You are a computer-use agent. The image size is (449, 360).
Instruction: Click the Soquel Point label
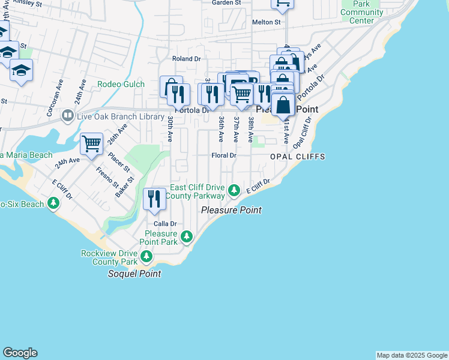(x=134, y=274)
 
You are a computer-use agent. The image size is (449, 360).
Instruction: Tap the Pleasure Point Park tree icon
(x=187, y=237)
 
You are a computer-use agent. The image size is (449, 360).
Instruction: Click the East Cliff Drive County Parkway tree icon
(x=234, y=191)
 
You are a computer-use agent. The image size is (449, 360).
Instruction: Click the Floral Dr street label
(x=224, y=155)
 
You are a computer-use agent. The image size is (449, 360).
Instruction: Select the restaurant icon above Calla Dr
(x=154, y=199)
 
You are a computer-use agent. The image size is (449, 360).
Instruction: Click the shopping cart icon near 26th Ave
(x=91, y=143)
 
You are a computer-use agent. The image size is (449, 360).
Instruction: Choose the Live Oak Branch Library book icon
(x=67, y=115)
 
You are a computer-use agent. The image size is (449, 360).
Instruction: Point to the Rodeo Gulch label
(x=121, y=84)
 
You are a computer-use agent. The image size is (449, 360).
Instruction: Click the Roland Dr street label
(x=186, y=59)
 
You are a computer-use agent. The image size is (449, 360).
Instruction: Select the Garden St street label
(x=226, y=2)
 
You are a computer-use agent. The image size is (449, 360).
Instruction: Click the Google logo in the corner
(x=20, y=353)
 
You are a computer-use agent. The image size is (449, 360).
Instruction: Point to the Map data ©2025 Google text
(x=411, y=355)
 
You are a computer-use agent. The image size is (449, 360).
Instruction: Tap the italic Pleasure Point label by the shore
(x=231, y=210)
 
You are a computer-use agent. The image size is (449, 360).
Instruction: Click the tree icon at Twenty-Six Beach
(x=54, y=203)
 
